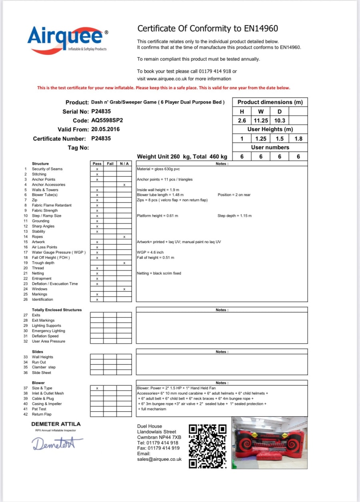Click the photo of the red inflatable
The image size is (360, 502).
point(270,443)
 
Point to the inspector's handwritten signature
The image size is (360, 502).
point(58,443)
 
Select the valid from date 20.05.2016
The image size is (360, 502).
point(105,129)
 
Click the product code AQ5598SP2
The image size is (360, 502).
point(107,120)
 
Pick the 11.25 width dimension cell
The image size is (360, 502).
point(261,120)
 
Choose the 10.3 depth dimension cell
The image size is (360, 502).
point(280,120)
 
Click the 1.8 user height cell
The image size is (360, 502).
point(298,139)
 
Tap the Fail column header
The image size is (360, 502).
point(110,164)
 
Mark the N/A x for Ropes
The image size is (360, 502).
point(124,237)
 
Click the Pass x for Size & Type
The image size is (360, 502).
point(97,388)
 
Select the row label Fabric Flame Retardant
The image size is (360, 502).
point(52,205)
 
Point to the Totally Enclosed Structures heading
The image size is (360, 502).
point(57,310)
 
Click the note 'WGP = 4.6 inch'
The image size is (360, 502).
point(150,252)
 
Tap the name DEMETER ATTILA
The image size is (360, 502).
point(56,424)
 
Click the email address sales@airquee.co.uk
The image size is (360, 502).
point(159,460)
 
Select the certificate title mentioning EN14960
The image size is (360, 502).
point(208,28)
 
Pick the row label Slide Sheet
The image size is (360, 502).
point(42,373)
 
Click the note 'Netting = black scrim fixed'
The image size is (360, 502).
point(159,273)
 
